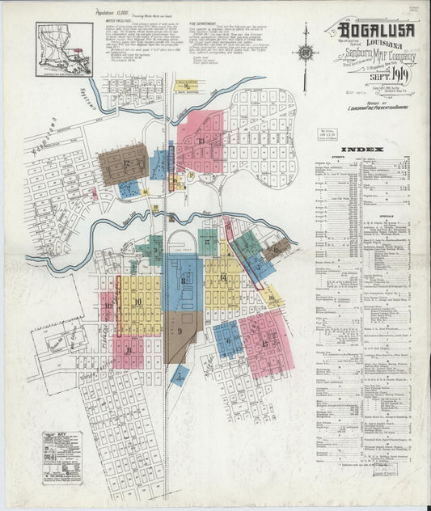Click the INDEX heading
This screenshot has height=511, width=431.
point(357,150)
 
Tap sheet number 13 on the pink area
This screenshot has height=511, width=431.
point(200,141)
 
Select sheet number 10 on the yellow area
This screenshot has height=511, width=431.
point(138,302)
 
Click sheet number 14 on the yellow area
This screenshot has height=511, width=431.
point(222,278)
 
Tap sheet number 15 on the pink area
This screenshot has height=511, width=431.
point(265,343)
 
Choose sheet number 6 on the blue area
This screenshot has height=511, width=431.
point(229,341)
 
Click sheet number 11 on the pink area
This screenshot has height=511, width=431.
point(129,350)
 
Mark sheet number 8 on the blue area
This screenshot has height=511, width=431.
point(184,281)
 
